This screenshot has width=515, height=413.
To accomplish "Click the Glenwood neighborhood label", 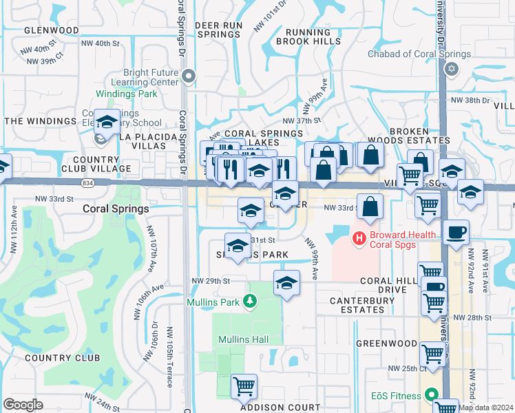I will pos(52,30).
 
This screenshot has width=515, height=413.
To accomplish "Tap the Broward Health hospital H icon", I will pos(358,239).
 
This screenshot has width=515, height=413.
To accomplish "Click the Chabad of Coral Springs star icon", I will pos(452,68).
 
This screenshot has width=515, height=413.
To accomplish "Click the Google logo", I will pos(23,405).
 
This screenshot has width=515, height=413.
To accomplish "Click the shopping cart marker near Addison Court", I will pos(244,386).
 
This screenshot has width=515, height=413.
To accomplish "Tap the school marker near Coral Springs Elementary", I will pos(107,123).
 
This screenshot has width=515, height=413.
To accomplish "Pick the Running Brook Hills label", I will pos(308,36).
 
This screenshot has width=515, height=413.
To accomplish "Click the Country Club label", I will pos(62,357).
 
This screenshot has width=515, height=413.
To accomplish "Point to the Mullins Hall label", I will pos(242,339).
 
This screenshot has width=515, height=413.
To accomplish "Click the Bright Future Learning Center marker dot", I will pos(189,76).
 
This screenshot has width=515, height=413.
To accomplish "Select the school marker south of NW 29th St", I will pos(286,283).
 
